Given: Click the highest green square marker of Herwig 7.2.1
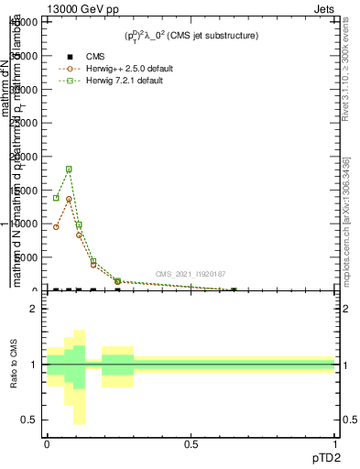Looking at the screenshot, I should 69,169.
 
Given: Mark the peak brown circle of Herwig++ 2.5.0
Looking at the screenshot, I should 69,199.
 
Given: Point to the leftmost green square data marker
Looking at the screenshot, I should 56,198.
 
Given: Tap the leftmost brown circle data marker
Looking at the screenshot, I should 56,227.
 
